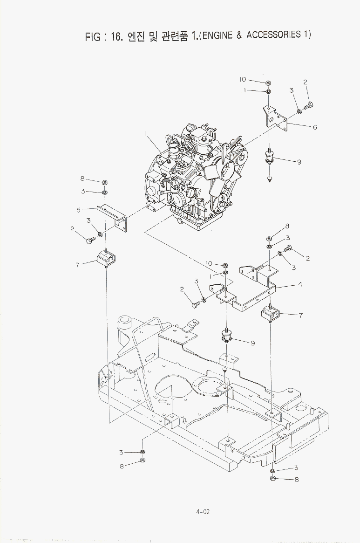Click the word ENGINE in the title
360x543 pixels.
point(217,35)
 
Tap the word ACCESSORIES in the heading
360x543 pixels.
point(273,34)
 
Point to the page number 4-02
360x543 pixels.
point(203,512)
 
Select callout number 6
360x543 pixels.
point(315,127)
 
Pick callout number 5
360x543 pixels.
point(79,210)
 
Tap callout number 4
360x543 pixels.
point(300,284)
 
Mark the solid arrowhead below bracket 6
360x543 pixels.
point(269,179)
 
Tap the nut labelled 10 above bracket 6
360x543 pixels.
point(269,83)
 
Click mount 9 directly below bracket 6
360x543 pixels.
point(269,157)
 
